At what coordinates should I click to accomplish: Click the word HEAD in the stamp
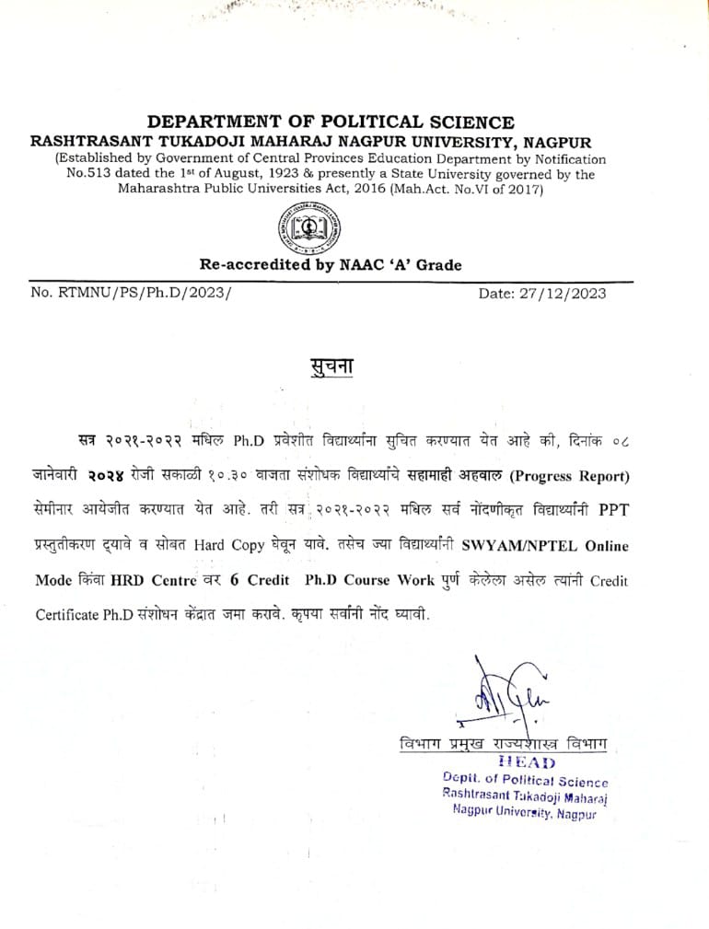(x=526, y=761)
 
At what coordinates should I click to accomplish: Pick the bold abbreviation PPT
(x=610, y=510)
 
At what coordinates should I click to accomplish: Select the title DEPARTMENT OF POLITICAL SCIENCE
(x=331, y=122)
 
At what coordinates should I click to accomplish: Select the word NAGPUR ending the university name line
(x=557, y=141)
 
